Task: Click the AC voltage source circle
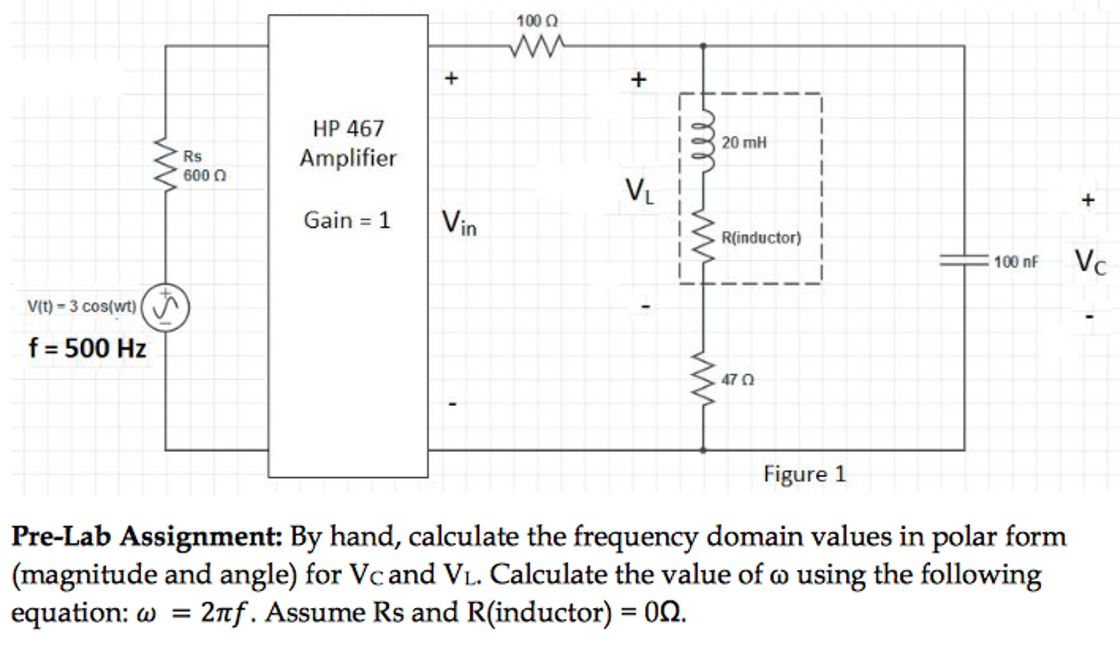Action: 165,307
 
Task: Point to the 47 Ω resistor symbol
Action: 704,378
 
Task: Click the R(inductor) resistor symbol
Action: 704,238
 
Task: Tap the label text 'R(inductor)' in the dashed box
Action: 761,238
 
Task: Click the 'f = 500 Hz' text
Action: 88,349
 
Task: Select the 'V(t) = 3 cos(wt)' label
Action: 82,306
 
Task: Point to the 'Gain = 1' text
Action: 347,220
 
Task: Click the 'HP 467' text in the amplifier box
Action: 348,129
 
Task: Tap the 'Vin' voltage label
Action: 459,223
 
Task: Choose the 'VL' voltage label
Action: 639,192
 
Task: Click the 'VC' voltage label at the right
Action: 1089,261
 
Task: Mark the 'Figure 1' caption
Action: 805,474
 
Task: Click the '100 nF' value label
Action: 1015,262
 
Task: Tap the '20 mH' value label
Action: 744,142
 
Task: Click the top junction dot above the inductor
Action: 703,46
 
